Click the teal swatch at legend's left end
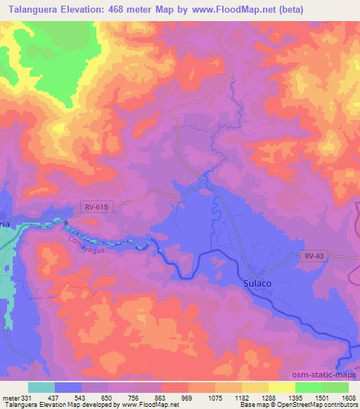pos(41,387)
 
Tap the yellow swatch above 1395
pos(282,387)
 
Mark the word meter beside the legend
pos(9,397)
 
